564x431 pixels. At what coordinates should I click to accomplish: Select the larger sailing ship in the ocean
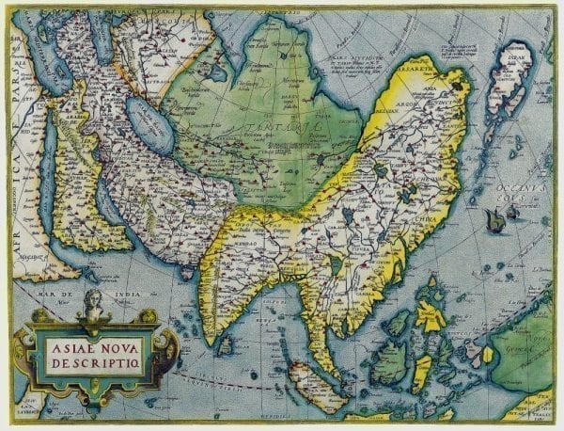(494, 219)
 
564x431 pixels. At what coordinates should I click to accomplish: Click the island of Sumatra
(310, 380)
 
